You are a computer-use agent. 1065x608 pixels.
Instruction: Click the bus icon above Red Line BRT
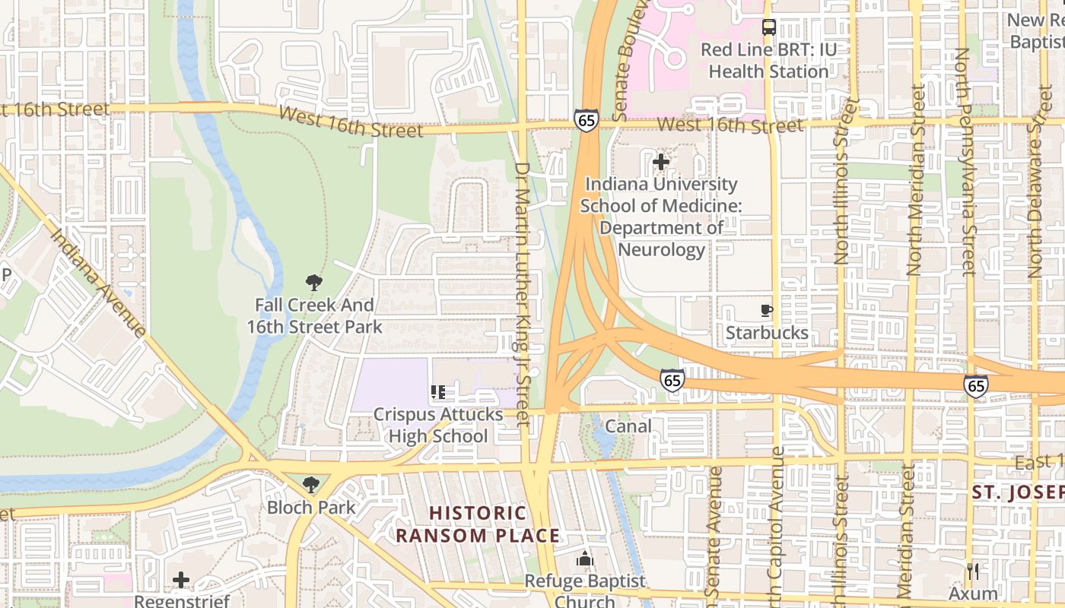(x=769, y=28)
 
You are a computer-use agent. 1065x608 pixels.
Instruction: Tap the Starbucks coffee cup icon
(x=767, y=310)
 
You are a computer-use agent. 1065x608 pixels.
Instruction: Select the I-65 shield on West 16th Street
(x=586, y=120)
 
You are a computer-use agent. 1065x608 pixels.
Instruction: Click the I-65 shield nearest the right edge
(x=976, y=386)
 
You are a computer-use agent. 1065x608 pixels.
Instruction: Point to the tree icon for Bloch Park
(x=310, y=485)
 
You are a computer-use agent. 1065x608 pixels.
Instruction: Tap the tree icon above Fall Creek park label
(x=313, y=283)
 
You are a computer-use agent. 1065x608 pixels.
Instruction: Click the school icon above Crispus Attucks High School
(x=438, y=392)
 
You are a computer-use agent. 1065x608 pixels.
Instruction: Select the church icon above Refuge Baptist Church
(x=584, y=559)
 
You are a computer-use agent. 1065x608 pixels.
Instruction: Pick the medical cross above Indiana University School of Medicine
(x=661, y=162)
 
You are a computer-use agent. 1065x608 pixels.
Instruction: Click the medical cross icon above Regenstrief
(x=180, y=580)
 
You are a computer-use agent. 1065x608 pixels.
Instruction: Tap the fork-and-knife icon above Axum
(x=973, y=570)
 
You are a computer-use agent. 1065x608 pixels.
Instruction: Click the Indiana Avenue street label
(x=98, y=282)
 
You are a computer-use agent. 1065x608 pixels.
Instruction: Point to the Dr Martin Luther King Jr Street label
(x=522, y=293)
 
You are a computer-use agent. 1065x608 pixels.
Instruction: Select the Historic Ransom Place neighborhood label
(x=478, y=524)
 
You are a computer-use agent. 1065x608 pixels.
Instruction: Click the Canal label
(x=628, y=426)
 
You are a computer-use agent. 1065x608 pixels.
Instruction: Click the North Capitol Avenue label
(x=777, y=524)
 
